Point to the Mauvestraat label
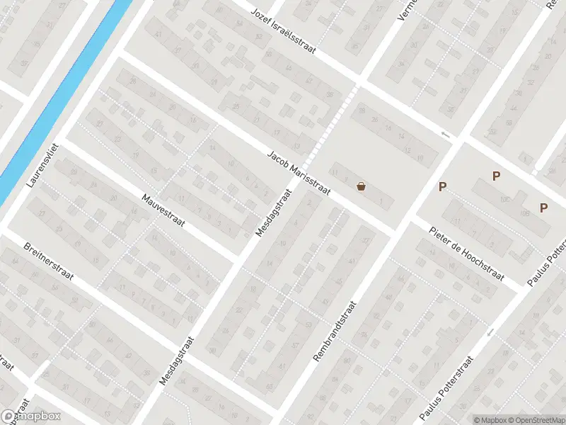[163, 211]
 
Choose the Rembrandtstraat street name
[335, 331]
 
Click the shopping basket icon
[362, 187]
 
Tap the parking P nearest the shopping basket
[443, 187]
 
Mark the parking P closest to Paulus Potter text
[543, 208]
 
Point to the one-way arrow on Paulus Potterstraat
[490, 331]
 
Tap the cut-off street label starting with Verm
[404, 9]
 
